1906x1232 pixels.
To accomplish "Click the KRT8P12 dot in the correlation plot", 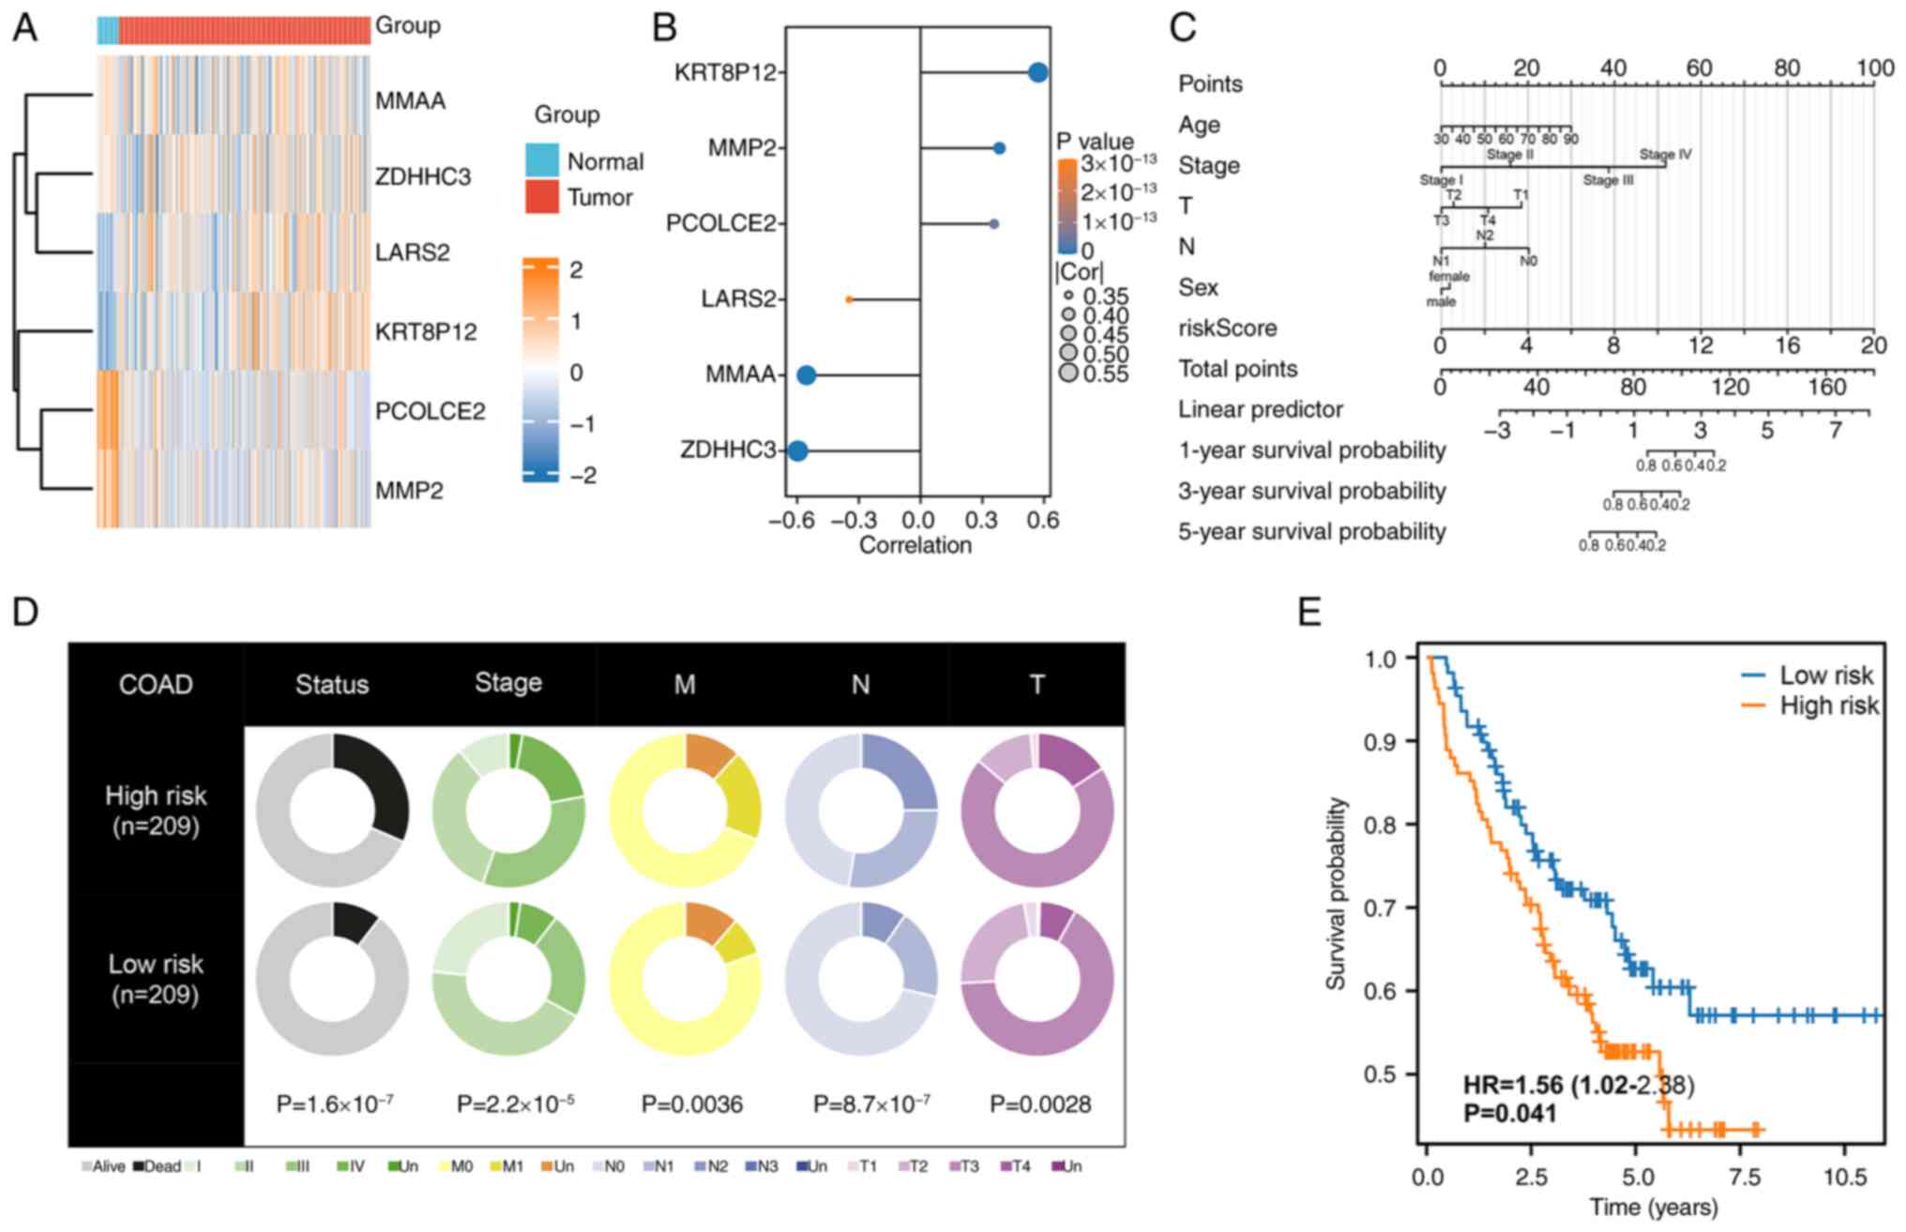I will (x=1037, y=72).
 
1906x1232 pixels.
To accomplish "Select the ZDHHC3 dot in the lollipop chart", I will (x=797, y=451).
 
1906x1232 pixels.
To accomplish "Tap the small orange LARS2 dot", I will (x=849, y=299).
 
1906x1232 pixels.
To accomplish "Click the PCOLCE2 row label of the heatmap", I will (x=430, y=411).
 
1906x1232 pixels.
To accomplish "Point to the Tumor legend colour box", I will (x=542, y=197).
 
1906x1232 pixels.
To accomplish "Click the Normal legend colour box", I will (x=542, y=160).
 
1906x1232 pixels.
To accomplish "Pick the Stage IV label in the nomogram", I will (x=1665, y=155).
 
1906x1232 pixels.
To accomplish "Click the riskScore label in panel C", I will (x=1227, y=328).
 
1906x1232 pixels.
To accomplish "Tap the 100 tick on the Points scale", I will (x=1873, y=68).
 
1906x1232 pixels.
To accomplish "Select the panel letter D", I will (x=25, y=612).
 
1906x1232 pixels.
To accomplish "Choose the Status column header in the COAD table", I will (x=332, y=684).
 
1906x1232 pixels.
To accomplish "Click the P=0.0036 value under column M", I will (x=691, y=1104).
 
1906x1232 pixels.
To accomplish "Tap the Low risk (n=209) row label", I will (x=156, y=979).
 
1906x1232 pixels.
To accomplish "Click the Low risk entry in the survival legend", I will (x=1825, y=676).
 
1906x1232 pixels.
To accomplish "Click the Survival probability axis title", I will (x=1336, y=893).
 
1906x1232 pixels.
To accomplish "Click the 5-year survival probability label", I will (x=1311, y=532).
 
